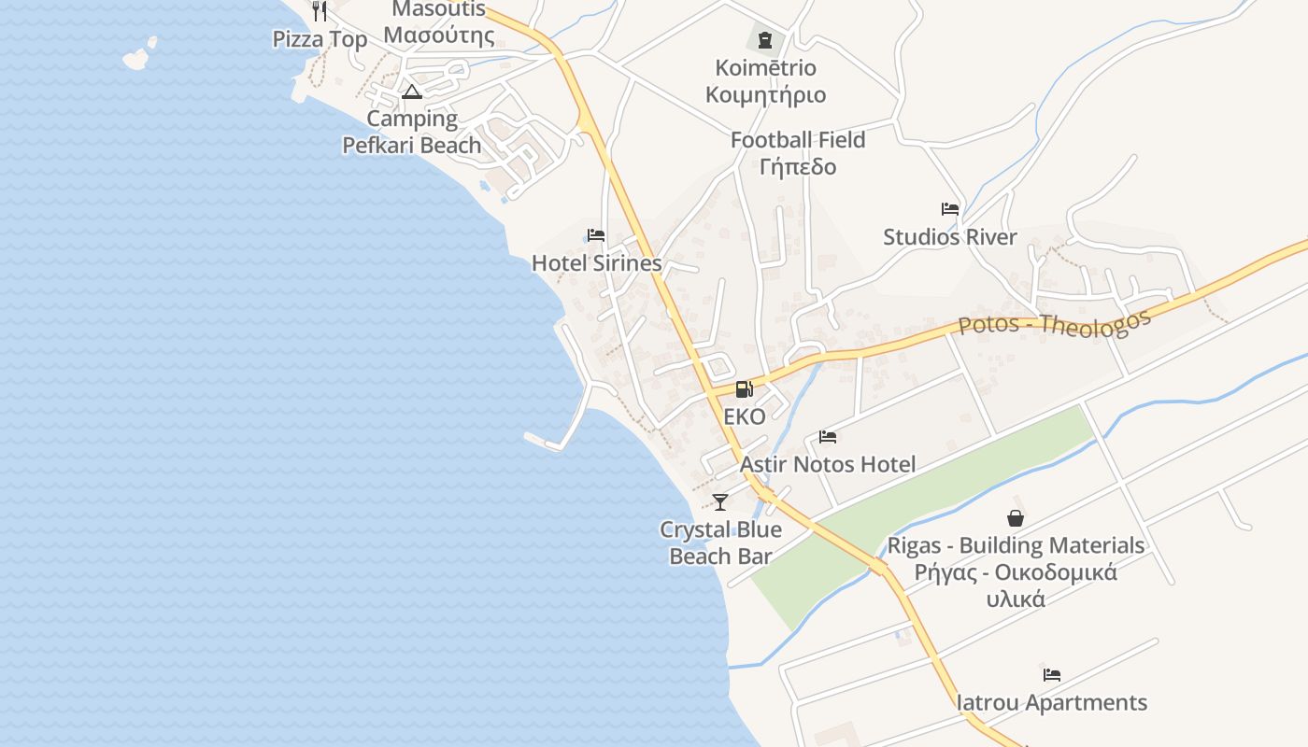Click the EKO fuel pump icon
[x=744, y=389]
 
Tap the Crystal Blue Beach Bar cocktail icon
[x=719, y=502]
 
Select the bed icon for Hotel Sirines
[x=595, y=235]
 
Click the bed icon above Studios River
[x=950, y=209]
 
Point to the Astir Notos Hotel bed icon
[x=828, y=436]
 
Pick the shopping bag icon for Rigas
[x=1016, y=517]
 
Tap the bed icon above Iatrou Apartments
[x=1052, y=674]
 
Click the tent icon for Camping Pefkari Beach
[x=411, y=92]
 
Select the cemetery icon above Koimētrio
[x=765, y=39]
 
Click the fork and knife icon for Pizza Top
[x=320, y=11]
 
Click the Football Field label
[x=798, y=140]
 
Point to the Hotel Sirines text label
[x=596, y=263]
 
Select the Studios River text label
[x=950, y=237]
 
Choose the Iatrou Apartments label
[x=1052, y=702]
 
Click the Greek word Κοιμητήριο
[x=765, y=95]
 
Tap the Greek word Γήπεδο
[x=798, y=167]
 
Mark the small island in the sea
[x=139, y=56]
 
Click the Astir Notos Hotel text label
[x=828, y=464]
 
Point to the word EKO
[x=744, y=416]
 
